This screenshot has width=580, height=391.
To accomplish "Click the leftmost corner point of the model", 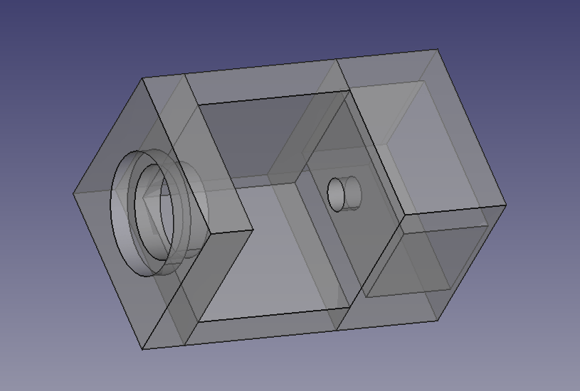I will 74,193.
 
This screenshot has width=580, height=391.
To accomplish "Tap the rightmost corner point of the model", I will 506,205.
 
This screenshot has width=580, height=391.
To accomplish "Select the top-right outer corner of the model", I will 437,49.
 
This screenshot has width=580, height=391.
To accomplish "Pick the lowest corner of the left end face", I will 143,349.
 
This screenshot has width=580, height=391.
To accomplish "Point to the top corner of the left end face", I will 142,78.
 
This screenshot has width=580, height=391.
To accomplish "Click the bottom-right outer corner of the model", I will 436,321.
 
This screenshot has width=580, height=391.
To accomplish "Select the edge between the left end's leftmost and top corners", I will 108,136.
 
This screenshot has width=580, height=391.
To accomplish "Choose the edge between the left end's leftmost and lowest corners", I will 108,271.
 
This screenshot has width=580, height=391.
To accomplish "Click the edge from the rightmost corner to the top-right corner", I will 472,127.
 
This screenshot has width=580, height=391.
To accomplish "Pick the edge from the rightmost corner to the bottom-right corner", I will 471,263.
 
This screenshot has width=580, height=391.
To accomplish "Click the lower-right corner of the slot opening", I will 349,308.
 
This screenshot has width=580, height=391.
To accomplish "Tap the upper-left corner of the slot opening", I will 197,105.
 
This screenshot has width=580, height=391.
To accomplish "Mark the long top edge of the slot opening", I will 273,97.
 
